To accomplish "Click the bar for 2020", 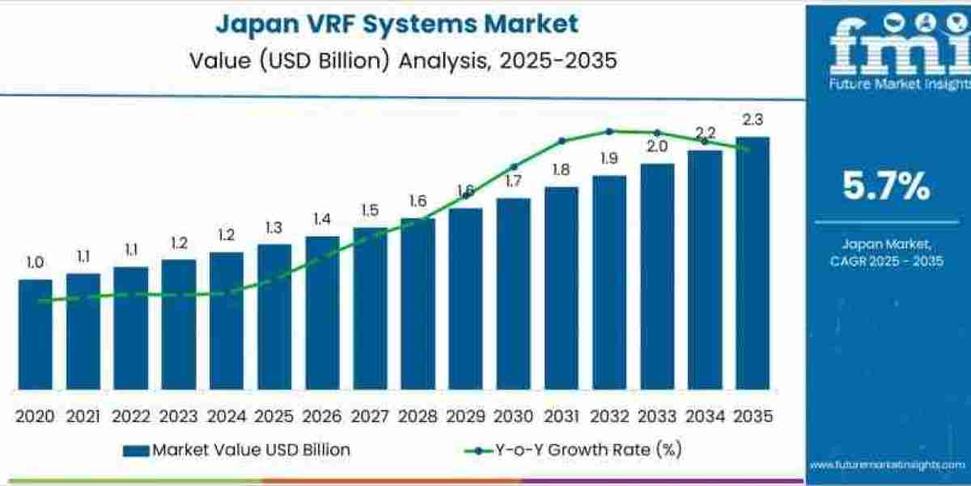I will coord(35,334).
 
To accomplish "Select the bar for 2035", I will coord(752,262).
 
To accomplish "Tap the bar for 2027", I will coord(370,308).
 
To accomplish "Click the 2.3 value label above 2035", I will coord(752,120).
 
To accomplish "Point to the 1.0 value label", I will coord(35,262).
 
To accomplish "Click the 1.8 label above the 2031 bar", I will coord(561,169).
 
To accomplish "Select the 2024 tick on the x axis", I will coord(226,416).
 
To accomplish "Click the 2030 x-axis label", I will coord(513,416).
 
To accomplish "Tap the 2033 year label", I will coord(656,416).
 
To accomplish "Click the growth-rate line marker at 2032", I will coord(608,130).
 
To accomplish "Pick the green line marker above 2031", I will coord(562,140).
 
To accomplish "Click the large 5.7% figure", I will coord(887,187).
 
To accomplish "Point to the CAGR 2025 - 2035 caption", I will coord(887,261).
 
